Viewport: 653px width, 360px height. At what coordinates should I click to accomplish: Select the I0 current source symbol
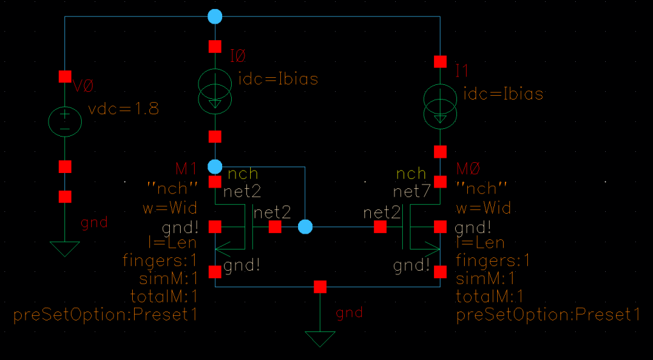click(x=215, y=90)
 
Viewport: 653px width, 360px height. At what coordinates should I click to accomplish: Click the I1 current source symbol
click(x=440, y=105)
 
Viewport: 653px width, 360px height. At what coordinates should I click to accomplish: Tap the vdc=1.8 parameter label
click(x=123, y=109)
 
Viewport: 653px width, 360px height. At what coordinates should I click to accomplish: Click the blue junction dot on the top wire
click(x=215, y=17)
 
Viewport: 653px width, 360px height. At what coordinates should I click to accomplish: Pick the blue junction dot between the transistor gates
click(x=306, y=227)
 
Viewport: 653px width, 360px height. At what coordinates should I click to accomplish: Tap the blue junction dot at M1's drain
click(x=215, y=167)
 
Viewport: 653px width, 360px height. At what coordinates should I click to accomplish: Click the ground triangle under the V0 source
click(x=65, y=248)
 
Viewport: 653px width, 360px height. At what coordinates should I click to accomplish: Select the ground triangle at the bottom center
click(x=320, y=338)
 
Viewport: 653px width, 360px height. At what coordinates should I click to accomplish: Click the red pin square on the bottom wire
click(x=320, y=287)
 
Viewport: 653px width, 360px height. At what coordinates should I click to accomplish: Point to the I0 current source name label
click(x=237, y=57)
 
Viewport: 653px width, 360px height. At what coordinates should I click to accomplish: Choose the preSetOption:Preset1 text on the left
click(x=105, y=315)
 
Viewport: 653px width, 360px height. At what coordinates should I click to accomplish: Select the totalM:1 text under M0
click(x=490, y=296)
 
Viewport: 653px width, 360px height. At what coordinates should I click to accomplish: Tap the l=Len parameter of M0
click(x=480, y=243)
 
